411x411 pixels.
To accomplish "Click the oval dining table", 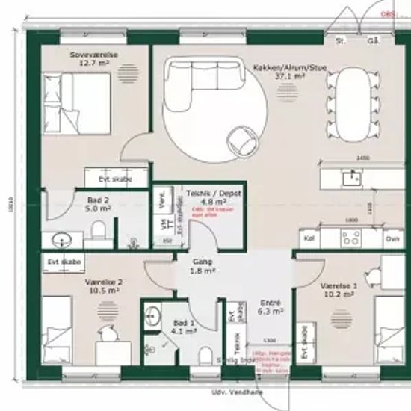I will (350, 104).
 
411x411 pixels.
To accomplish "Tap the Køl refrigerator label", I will (308, 239).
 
